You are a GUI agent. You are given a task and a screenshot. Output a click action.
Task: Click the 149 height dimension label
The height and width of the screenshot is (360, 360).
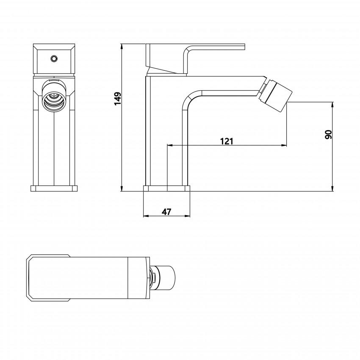click(x=118, y=99)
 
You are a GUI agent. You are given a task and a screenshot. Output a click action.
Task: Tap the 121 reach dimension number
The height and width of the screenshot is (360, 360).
click(x=227, y=141)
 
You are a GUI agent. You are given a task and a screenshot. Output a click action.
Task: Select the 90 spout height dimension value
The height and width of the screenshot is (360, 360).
click(x=329, y=134)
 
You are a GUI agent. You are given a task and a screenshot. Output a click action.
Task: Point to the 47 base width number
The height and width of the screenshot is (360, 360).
click(x=167, y=212)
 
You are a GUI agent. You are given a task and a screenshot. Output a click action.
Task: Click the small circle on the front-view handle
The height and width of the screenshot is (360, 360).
click(x=54, y=58)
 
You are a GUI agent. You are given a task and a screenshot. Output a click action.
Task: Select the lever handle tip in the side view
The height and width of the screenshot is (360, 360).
click(x=245, y=47)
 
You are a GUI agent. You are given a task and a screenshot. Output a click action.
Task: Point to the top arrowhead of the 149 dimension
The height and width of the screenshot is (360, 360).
click(x=122, y=46)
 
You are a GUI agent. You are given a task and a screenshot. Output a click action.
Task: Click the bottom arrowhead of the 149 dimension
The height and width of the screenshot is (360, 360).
click(x=122, y=188)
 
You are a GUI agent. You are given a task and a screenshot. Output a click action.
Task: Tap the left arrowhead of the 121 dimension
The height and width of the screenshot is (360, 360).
click(x=170, y=145)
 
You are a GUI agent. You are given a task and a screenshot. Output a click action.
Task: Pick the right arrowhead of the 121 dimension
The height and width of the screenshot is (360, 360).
click(x=284, y=145)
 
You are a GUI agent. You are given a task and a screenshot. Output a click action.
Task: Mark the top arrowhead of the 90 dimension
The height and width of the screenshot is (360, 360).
click(x=332, y=105)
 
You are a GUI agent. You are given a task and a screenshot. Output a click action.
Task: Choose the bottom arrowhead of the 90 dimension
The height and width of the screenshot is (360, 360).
click(x=332, y=188)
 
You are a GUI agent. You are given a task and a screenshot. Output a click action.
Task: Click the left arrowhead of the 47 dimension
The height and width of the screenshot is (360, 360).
click(x=146, y=216)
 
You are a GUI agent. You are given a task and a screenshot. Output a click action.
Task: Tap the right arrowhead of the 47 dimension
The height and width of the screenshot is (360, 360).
click(x=187, y=216)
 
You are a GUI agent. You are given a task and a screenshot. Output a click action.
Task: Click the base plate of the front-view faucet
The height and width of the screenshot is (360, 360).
click(x=54, y=188)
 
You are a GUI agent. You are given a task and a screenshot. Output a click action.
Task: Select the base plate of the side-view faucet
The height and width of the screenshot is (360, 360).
click(x=167, y=188)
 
